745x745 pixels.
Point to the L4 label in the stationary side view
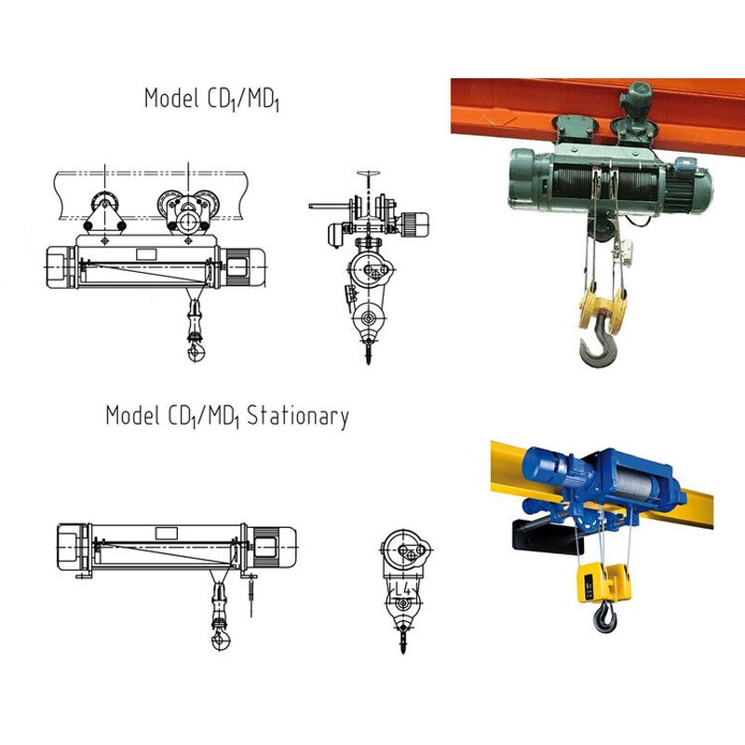coord(402,589)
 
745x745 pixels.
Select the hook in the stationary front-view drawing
coord(222,638)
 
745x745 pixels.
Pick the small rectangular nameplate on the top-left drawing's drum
coord(147,253)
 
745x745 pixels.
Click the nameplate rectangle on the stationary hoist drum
coord(167,533)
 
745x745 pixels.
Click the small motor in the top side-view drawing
coord(415,223)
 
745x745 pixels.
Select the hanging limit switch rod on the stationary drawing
coord(251,598)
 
